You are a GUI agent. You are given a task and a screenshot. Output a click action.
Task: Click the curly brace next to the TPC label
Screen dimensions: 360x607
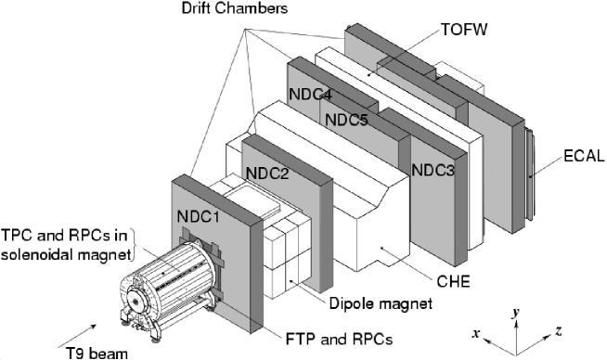coord(137,245)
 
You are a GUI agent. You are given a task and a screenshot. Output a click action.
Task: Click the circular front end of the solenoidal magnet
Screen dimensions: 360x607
coord(137,301)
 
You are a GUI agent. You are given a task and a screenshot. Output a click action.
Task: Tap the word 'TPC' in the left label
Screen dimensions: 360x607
coord(17,235)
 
